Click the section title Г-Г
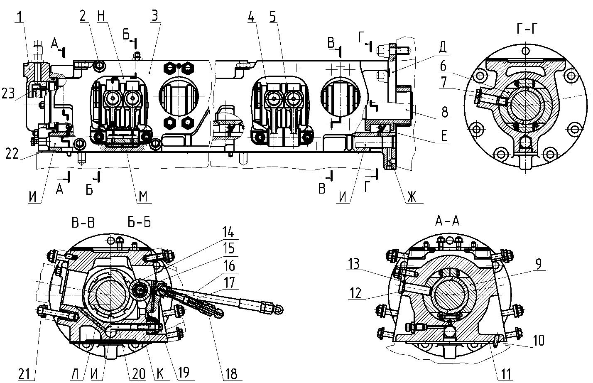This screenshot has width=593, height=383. pyautogui.click(x=527, y=29)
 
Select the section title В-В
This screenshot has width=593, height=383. pyautogui.click(x=83, y=223)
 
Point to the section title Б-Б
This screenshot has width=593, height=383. pyautogui.click(x=139, y=222)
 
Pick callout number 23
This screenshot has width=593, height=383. pyautogui.click(x=8, y=93)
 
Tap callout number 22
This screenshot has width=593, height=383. pyautogui.click(x=12, y=154)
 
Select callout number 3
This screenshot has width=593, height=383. pyautogui.click(x=155, y=16)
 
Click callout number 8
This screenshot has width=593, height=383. pyautogui.click(x=444, y=112)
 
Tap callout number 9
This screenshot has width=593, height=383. pyautogui.click(x=538, y=263)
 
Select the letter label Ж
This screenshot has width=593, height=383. pyautogui.click(x=412, y=197)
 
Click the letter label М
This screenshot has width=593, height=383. pyautogui.click(x=143, y=196)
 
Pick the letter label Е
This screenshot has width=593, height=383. pyautogui.click(x=444, y=135)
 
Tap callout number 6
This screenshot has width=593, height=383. pyautogui.click(x=443, y=66)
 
